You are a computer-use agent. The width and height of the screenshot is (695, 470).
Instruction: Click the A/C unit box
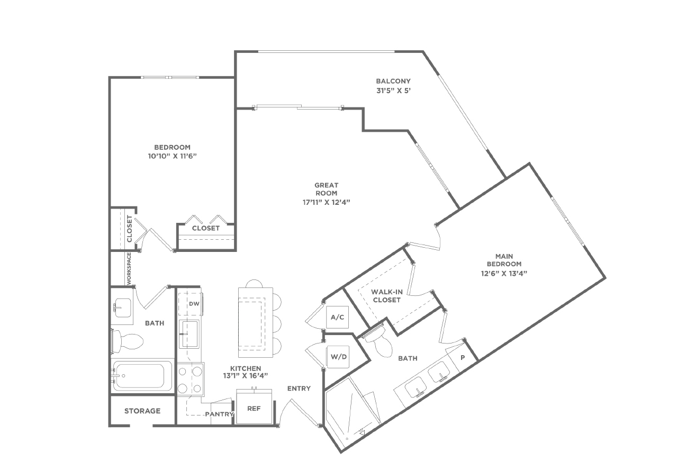point(337,317)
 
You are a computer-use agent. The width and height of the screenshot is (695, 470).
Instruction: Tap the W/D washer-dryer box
point(338,357)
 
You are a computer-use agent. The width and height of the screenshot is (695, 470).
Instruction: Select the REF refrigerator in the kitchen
point(254,406)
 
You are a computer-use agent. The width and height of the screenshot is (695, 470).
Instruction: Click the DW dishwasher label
point(194,304)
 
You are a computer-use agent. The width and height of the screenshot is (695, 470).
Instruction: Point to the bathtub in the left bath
point(143,376)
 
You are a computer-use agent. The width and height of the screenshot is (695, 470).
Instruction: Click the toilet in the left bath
point(127,341)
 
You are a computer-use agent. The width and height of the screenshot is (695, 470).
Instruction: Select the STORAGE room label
point(142,411)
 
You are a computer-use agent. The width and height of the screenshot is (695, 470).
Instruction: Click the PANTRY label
point(219,414)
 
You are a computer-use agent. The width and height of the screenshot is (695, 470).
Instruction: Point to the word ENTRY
point(299,388)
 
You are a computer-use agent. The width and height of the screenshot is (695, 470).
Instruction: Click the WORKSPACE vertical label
point(129,268)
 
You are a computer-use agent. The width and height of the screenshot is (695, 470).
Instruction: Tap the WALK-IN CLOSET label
point(387,296)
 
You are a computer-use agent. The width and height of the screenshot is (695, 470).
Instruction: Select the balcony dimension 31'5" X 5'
point(393,91)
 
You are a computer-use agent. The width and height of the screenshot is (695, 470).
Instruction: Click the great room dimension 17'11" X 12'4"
point(327,202)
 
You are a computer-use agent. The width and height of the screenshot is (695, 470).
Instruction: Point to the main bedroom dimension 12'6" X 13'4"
point(504,273)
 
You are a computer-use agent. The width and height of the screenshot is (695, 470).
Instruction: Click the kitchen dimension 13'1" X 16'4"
point(246,376)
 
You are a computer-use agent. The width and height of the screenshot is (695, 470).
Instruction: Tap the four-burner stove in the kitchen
point(191,379)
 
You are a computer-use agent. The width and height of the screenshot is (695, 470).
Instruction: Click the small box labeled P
point(463,358)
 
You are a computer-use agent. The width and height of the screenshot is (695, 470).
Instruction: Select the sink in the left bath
point(122,308)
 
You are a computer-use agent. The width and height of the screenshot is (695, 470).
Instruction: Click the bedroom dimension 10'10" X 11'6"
point(173,156)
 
